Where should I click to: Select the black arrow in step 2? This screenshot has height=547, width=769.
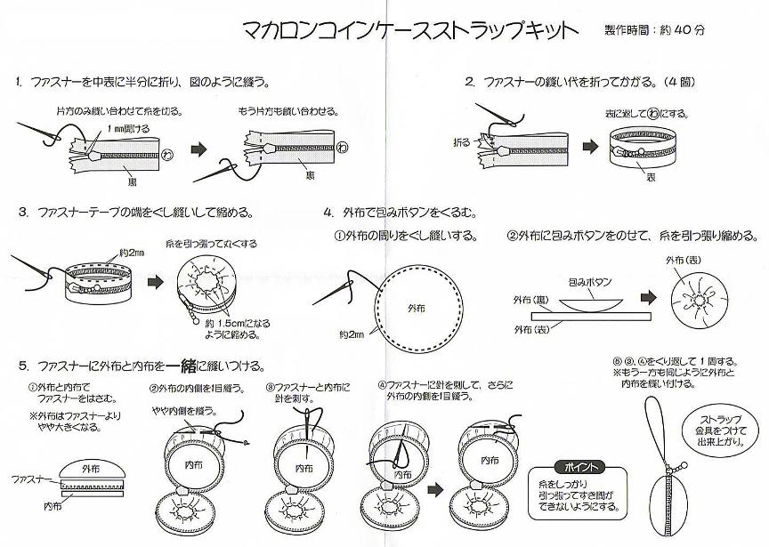[x=589, y=146]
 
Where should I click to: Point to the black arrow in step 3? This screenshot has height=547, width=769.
[x=153, y=280]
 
